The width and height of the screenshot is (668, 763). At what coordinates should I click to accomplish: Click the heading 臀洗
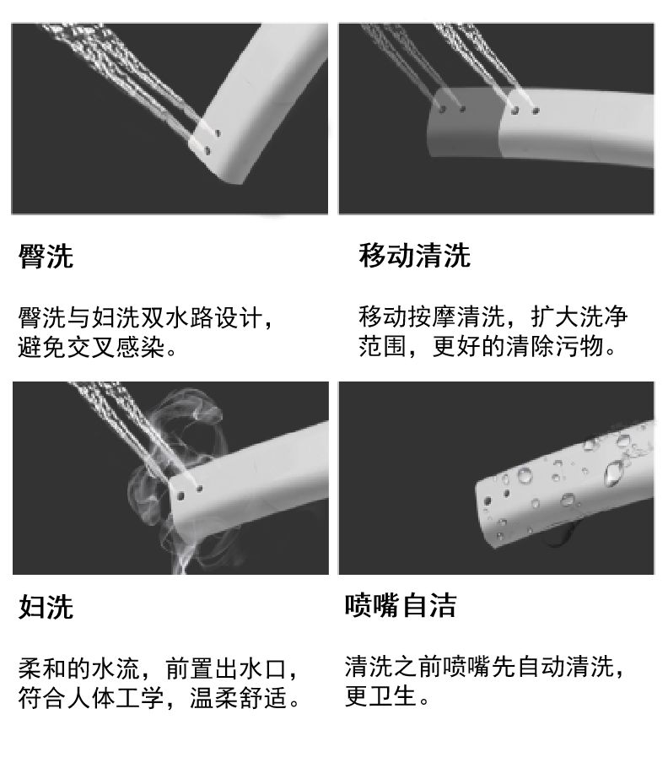click(46, 256)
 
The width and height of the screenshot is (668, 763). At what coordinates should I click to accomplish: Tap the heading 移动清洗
click(415, 255)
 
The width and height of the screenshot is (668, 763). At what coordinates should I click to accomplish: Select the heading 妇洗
click(46, 607)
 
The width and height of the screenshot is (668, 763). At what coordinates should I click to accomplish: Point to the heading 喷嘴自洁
click(401, 605)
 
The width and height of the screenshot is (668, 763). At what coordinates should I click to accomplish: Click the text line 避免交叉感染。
click(97, 347)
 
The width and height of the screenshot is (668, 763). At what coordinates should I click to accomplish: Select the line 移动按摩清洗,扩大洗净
click(493, 317)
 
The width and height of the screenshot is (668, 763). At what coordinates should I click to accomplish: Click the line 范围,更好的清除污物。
click(488, 346)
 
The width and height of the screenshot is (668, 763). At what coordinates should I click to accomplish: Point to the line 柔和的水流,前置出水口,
click(158, 668)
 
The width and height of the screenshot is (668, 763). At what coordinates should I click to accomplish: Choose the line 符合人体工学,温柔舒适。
click(159, 698)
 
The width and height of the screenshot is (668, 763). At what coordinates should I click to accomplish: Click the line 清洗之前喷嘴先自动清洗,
click(484, 666)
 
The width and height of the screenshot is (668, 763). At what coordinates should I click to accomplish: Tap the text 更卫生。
click(387, 695)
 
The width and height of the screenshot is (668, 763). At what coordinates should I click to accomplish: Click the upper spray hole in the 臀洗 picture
click(218, 133)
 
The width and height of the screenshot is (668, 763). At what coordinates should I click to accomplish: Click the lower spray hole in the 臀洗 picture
click(207, 151)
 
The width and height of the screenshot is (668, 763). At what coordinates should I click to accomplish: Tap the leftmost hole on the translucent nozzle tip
click(443, 110)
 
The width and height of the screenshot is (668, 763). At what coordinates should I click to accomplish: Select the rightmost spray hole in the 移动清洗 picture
click(536, 111)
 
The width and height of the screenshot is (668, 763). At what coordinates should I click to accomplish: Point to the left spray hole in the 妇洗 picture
click(180, 496)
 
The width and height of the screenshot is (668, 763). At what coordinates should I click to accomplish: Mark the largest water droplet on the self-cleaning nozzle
click(614, 473)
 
